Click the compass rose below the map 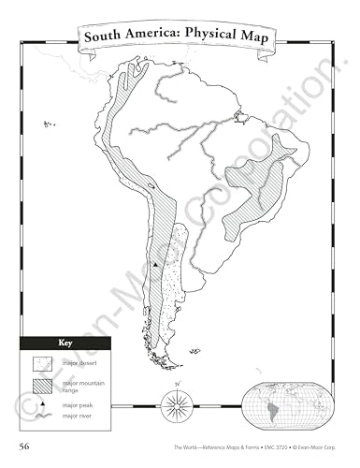click(x=176, y=404)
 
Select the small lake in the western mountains click(x=150, y=188)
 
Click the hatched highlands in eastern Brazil click(x=257, y=183)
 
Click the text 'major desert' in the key click(x=78, y=362)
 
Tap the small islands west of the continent click(x=46, y=124)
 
